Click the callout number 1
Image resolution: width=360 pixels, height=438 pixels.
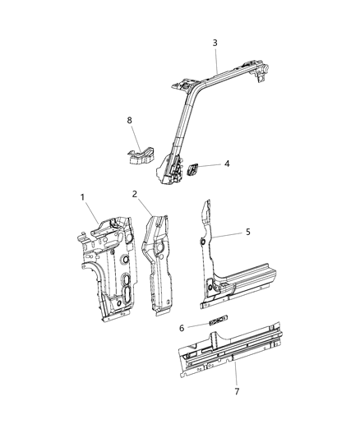[82, 198]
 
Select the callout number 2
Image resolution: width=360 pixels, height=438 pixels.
[135, 194]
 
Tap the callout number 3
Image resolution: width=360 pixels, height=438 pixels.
[215, 43]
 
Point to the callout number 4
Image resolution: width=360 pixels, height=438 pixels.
[226, 164]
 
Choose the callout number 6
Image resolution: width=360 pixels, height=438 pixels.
[181, 328]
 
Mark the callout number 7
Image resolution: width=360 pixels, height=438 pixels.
[237, 391]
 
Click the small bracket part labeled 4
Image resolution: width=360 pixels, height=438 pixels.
[195, 168]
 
